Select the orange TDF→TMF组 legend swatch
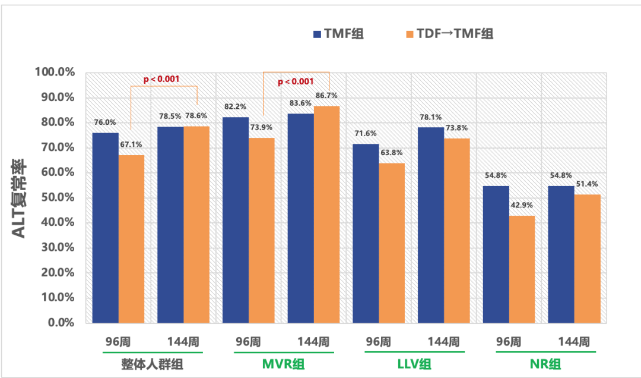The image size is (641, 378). pyautogui.click(x=409, y=34)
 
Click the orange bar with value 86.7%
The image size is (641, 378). pyautogui.click(x=327, y=215)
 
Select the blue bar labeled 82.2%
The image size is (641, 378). pyautogui.click(x=236, y=220)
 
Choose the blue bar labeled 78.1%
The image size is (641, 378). pyautogui.click(x=431, y=225)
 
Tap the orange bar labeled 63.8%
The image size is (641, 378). pyautogui.click(x=392, y=243)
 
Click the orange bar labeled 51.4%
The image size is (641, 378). pyautogui.click(x=588, y=259)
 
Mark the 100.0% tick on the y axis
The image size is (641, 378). pyautogui.click(x=55, y=73)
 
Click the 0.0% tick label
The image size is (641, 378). pyautogui.click(x=60, y=323)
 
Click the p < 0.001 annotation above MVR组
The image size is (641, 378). pyautogui.click(x=295, y=81)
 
